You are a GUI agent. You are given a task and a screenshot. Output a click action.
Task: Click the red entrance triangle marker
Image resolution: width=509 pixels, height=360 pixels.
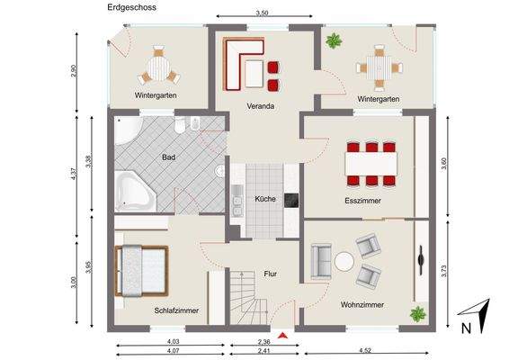(285, 335)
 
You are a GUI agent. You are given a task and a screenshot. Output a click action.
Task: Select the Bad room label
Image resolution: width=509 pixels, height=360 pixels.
(168, 157)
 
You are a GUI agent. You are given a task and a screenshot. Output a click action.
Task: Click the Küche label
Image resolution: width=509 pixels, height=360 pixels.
(264, 199)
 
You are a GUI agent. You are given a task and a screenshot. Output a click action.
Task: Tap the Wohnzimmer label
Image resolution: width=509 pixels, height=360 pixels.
(362, 305)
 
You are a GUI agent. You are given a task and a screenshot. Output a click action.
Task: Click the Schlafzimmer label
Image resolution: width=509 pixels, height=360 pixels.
(176, 310)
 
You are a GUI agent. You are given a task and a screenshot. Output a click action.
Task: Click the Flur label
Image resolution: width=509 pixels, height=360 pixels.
(270, 274)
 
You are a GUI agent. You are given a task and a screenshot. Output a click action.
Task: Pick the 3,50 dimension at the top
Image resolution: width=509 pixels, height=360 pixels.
(262, 13)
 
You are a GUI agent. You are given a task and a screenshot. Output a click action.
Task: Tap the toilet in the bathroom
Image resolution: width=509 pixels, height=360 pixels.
(181, 126)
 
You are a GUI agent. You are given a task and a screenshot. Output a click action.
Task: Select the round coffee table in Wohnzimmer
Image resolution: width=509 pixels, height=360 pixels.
(344, 262)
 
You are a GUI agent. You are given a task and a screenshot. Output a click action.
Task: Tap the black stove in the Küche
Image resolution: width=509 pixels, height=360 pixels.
(291, 200)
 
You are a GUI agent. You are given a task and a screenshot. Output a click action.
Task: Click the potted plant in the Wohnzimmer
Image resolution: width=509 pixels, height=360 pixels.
(417, 314)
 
